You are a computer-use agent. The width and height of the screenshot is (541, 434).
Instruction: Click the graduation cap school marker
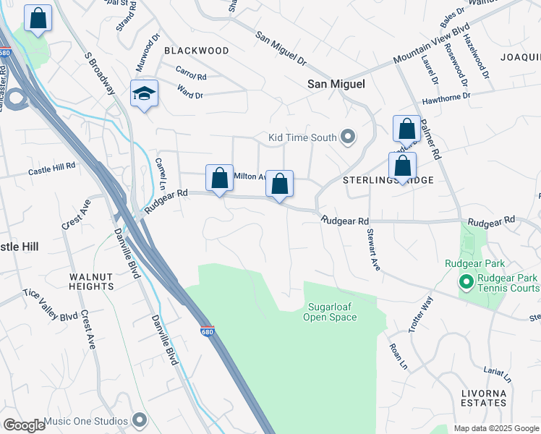tap(145, 94)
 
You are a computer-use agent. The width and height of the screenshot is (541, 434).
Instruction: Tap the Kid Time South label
tap(302, 137)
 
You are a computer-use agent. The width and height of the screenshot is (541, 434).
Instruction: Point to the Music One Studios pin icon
tap(140, 420)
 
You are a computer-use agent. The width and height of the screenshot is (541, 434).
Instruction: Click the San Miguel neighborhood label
tap(336, 84)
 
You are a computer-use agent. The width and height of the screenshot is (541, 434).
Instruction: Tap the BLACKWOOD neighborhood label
tap(197, 51)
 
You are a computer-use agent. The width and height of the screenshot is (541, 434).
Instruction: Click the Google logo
tap(24, 425)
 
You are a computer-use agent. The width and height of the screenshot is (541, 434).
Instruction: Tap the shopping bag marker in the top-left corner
tap(38, 20)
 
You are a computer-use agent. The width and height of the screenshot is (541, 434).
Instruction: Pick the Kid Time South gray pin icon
tap(348, 137)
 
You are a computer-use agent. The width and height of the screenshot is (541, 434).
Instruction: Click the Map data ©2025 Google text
tap(495, 428)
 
